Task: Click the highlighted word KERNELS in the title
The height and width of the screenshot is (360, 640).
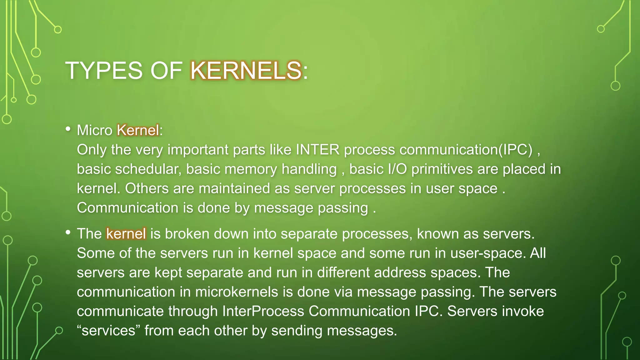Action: pos(246,71)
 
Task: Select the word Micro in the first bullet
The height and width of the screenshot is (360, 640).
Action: pos(94,130)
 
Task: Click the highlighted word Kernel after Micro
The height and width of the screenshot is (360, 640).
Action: pos(137,130)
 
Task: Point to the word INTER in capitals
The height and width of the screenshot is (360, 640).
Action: pos(317,150)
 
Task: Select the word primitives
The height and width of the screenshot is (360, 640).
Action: pos(442,169)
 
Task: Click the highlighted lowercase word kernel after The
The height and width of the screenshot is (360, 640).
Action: pos(126,234)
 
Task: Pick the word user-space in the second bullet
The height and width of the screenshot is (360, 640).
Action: pos(488,253)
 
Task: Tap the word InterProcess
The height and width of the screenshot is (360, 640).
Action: pos(263,311)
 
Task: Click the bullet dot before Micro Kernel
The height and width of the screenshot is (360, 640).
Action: pos(68,129)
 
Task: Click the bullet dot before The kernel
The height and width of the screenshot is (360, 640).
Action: pos(68,232)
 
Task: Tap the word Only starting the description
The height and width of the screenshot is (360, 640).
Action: pos(92,150)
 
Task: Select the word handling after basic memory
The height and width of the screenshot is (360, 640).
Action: pos(309,169)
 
